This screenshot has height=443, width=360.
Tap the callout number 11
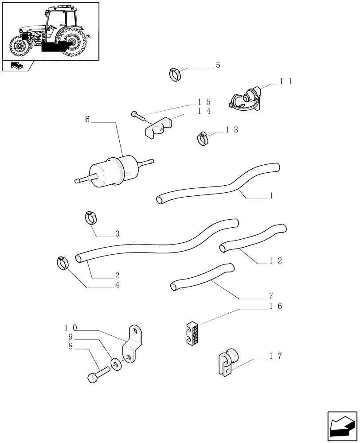[286, 82]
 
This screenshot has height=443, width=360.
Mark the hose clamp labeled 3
[91, 218]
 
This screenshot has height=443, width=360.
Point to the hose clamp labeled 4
[63, 263]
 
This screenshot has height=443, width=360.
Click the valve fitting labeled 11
[246, 98]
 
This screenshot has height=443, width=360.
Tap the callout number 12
[276, 260]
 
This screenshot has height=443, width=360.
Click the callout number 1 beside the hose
[271, 195]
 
